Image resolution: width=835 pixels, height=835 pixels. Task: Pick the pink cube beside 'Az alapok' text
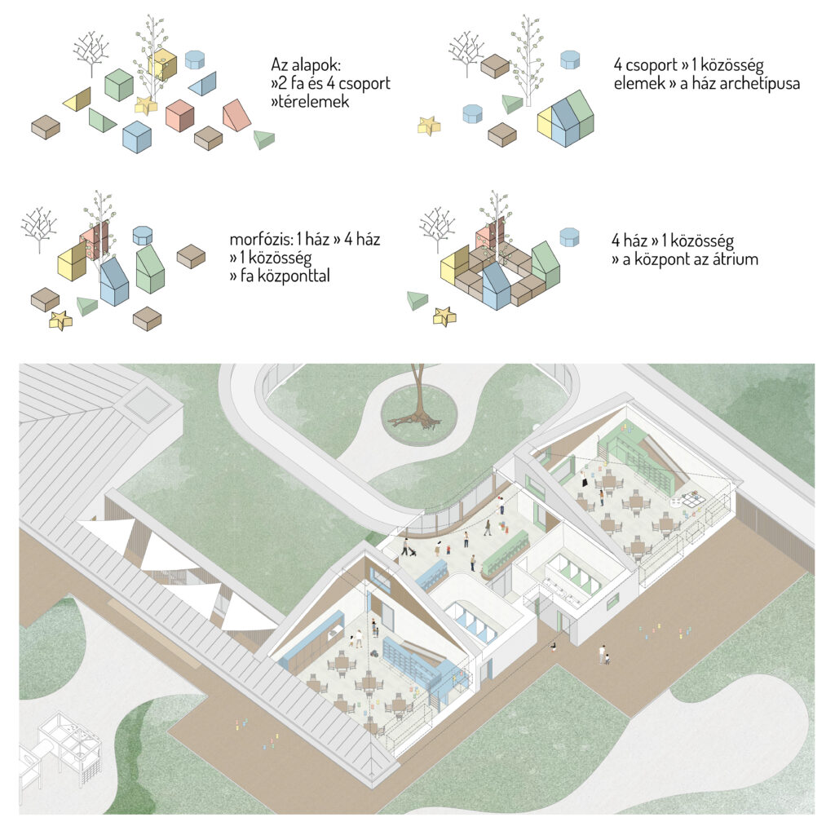[x=179, y=115]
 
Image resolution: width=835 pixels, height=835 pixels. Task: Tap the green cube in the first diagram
[x=119, y=85]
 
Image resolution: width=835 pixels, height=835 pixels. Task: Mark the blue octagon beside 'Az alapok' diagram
[x=194, y=59]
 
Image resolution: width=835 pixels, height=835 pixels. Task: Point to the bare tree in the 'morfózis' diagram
[x=38, y=228]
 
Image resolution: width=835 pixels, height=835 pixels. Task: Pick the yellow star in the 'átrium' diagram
[x=444, y=316]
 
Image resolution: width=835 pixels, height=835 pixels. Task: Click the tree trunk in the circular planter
[x=417, y=395]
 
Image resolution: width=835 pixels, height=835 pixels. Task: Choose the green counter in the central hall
[x=506, y=550]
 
